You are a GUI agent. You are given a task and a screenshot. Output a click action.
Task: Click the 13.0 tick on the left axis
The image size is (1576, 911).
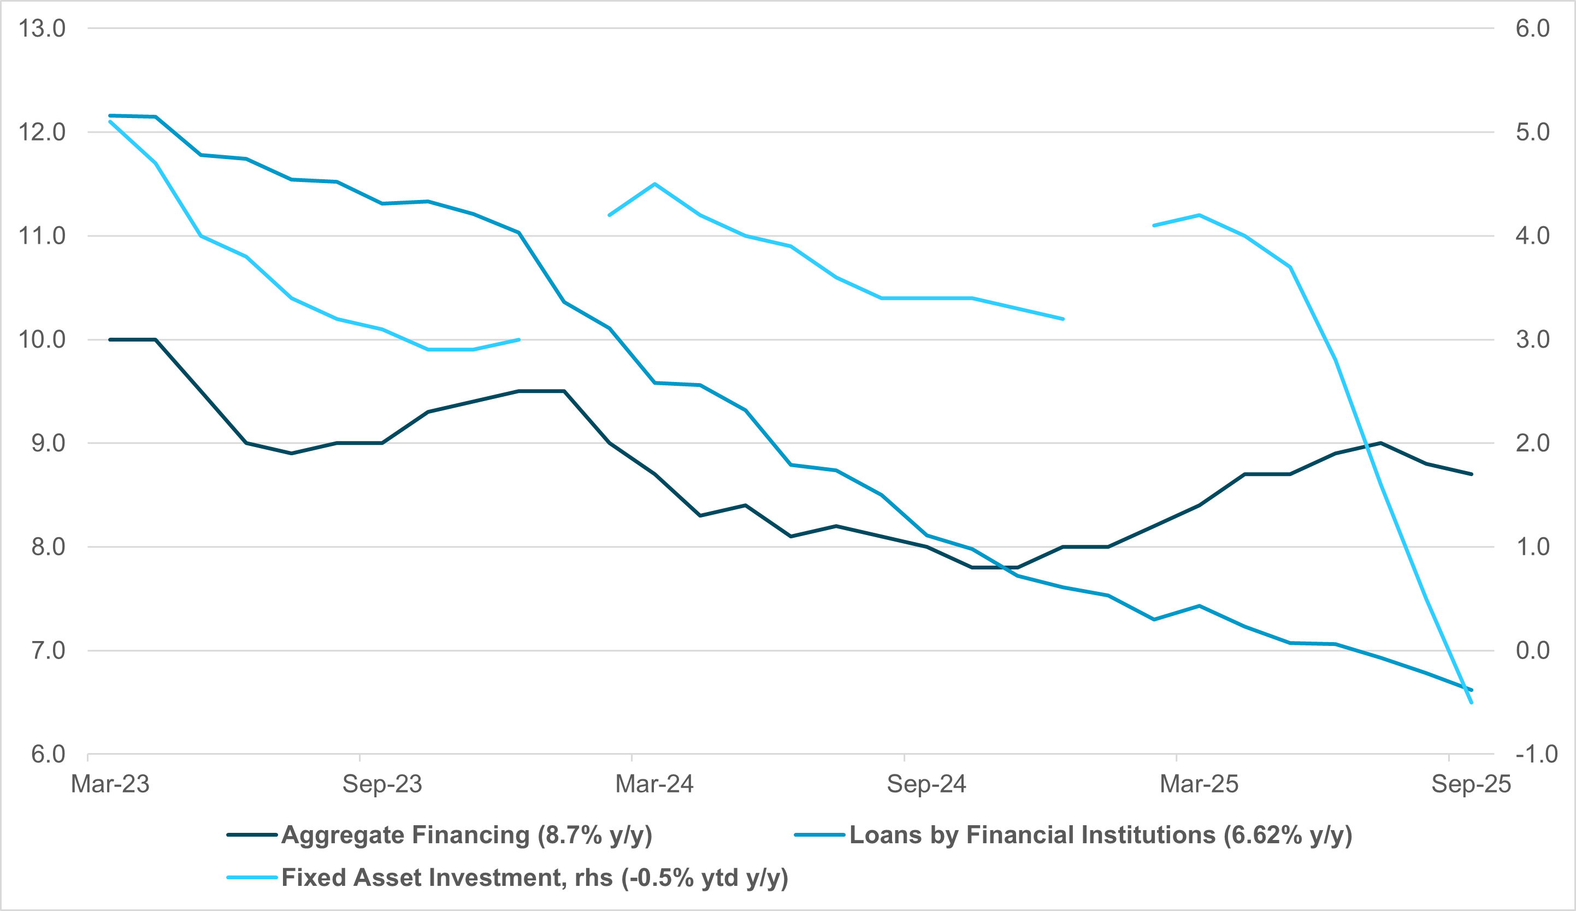pos(42,29)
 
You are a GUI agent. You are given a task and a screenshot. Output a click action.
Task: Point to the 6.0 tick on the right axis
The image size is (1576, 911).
pos(1532,29)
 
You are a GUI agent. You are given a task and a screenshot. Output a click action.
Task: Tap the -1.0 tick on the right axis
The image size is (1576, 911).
pos(1532,754)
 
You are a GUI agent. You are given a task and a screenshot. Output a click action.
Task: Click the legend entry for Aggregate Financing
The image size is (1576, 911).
pos(467,835)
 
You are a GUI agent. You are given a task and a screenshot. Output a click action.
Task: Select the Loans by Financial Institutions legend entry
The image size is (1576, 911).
pos(1101,835)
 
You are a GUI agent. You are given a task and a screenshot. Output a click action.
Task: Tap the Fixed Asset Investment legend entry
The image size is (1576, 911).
pos(535,878)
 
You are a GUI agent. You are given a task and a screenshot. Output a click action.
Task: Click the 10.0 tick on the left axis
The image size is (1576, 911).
pos(42,340)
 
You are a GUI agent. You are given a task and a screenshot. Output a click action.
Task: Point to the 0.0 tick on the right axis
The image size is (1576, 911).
pos(1532,651)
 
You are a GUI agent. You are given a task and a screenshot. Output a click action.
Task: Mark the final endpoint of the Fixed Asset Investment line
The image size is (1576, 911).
pos(1472,703)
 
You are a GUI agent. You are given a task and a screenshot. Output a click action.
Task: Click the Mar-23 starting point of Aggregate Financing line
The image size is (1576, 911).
pos(110,340)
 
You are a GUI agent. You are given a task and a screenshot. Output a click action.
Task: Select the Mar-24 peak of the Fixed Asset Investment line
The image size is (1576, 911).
pos(654,184)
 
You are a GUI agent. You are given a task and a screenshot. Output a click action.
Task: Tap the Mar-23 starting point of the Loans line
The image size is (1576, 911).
pos(110,116)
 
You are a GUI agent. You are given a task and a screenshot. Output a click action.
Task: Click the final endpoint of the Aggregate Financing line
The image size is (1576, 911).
pos(1472,474)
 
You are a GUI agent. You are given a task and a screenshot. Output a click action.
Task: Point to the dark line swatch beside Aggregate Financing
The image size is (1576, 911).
pos(252,835)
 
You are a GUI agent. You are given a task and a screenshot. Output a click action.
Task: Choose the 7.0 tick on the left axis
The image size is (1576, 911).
pos(42,651)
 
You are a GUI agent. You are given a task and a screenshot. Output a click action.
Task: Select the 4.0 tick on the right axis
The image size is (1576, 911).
pos(1532,236)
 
